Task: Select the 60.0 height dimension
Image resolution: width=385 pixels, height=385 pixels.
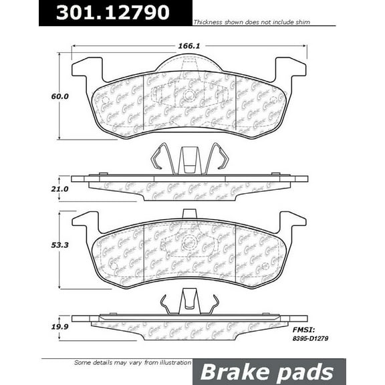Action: coord(42,96)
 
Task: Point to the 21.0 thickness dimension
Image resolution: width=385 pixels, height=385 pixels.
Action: coord(42,189)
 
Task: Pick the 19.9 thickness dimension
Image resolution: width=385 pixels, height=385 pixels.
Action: coord(42,328)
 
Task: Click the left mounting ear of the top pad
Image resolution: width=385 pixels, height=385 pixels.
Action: coord(86,69)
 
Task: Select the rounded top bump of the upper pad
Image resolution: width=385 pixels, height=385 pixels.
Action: coord(188,65)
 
